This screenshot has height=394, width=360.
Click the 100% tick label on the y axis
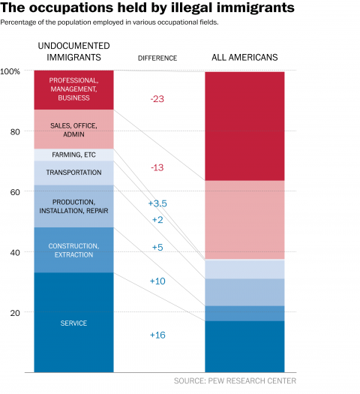[x=10, y=71]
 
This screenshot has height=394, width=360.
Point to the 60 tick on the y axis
[x=15, y=192]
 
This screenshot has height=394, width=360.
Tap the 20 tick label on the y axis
[x=15, y=313]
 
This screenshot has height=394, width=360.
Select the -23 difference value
[x=157, y=99]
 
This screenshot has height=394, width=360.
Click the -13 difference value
[x=157, y=167]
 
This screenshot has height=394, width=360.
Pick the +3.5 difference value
[x=157, y=203]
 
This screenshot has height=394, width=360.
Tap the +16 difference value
[x=157, y=335]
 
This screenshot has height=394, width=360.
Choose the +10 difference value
[x=157, y=281]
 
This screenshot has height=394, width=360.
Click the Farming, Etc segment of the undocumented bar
[x=73, y=155]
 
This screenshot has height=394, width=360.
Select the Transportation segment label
[x=73, y=173]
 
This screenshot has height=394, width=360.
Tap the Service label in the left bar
[x=73, y=323]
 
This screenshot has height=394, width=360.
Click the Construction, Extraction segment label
[x=73, y=250]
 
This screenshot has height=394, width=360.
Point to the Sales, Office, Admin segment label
[x=73, y=130]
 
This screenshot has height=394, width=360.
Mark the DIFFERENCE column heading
[x=157, y=59]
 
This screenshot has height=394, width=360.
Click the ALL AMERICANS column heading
[x=244, y=57]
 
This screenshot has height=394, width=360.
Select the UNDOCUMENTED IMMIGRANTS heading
[x=73, y=52]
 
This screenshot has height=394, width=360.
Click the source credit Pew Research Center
[x=235, y=381]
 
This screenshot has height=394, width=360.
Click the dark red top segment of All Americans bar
[x=244, y=126]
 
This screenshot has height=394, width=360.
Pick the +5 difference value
[x=157, y=247]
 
